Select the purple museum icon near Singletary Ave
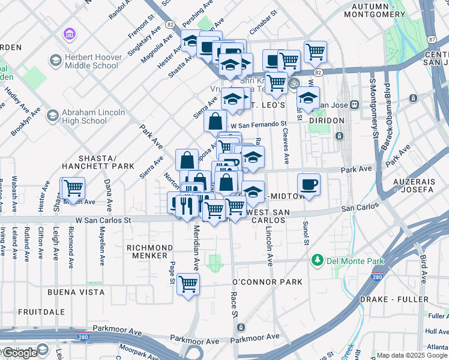(70, 34)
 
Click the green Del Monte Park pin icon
(316, 260)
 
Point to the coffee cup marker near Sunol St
(309, 184)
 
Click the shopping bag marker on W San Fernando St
(215, 121)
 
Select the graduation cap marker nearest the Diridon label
(308, 97)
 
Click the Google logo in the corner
(20, 353)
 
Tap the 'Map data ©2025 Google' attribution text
(411, 355)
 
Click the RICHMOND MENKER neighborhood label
(149, 251)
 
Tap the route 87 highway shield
(432, 39)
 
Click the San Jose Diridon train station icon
(355, 104)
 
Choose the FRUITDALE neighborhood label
(41, 312)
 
